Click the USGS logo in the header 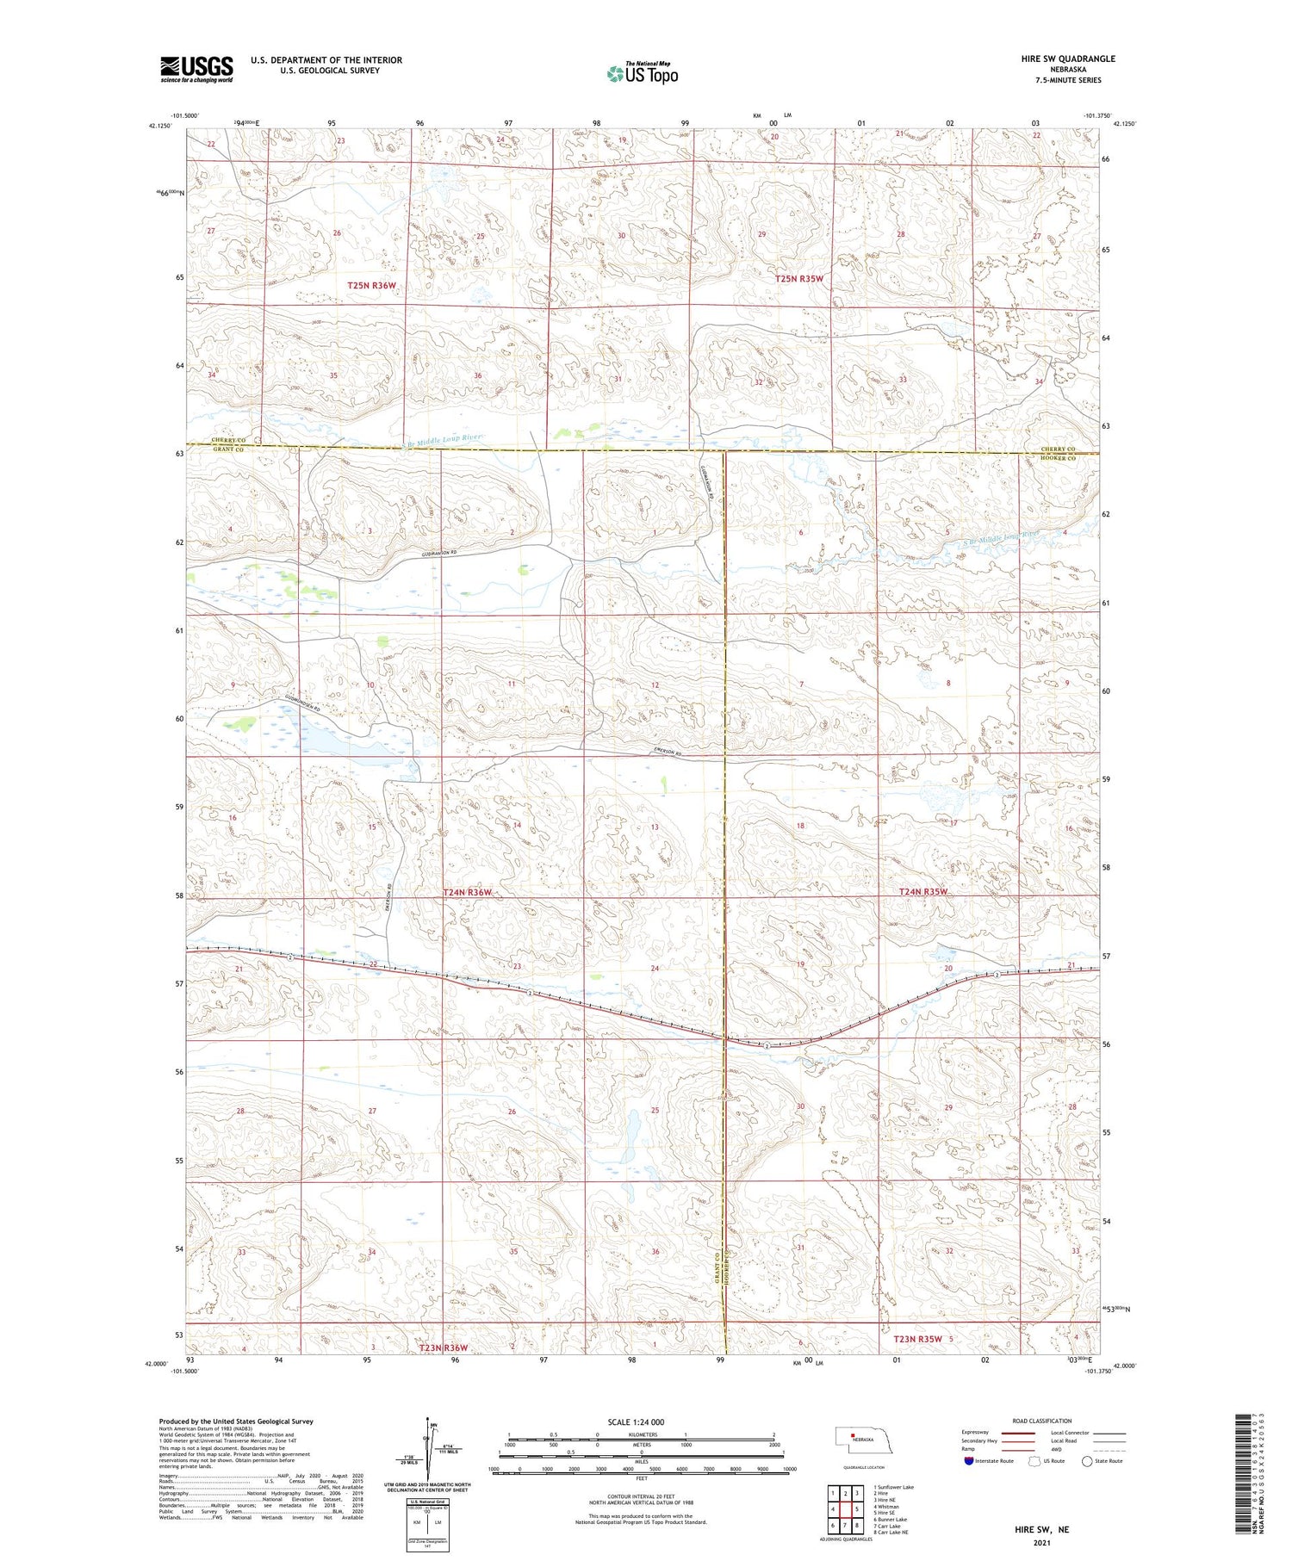click(x=196, y=69)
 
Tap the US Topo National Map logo click(x=642, y=73)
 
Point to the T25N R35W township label click(x=798, y=279)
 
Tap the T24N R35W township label click(x=922, y=892)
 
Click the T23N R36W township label click(x=444, y=1347)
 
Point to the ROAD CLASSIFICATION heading click(x=1041, y=1421)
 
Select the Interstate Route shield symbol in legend click(x=969, y=1461)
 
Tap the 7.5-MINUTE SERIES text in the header click(x=1069, y=80)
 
